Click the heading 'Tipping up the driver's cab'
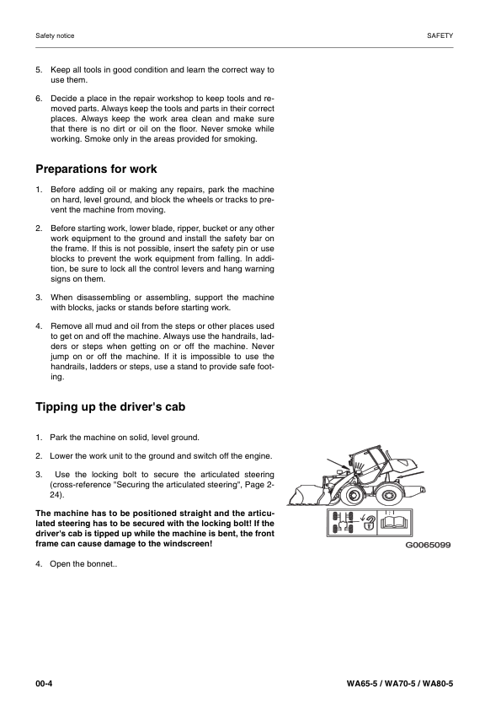tap(110, 407)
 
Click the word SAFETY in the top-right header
tap(440, 36)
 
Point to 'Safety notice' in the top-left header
tap(55, 36)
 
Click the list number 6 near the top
tap(39, 99)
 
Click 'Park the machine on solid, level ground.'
tap(125, 438)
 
